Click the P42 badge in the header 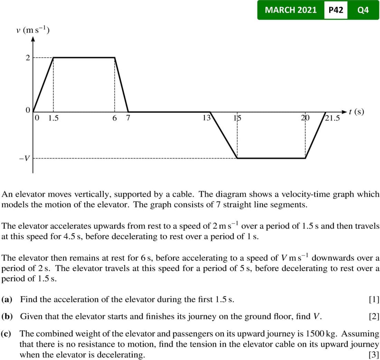tap(336, 10)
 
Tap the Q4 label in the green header tap(363, 10)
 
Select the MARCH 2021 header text tap(291, 10)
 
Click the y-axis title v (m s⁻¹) tap(33, 30)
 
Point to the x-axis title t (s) tap(356, 112)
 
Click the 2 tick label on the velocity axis tap(27, 57)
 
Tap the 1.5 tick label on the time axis tap(54, 118)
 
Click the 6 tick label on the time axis tap(114, 118)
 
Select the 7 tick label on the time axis tap(128, 118)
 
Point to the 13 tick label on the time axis tap(206, 118)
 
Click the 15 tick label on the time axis tap(237, 118)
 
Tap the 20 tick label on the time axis tap(305, 118)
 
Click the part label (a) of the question tap(7, 299)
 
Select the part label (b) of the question tap(8, 316)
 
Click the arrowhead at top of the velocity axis tap(33, 39)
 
